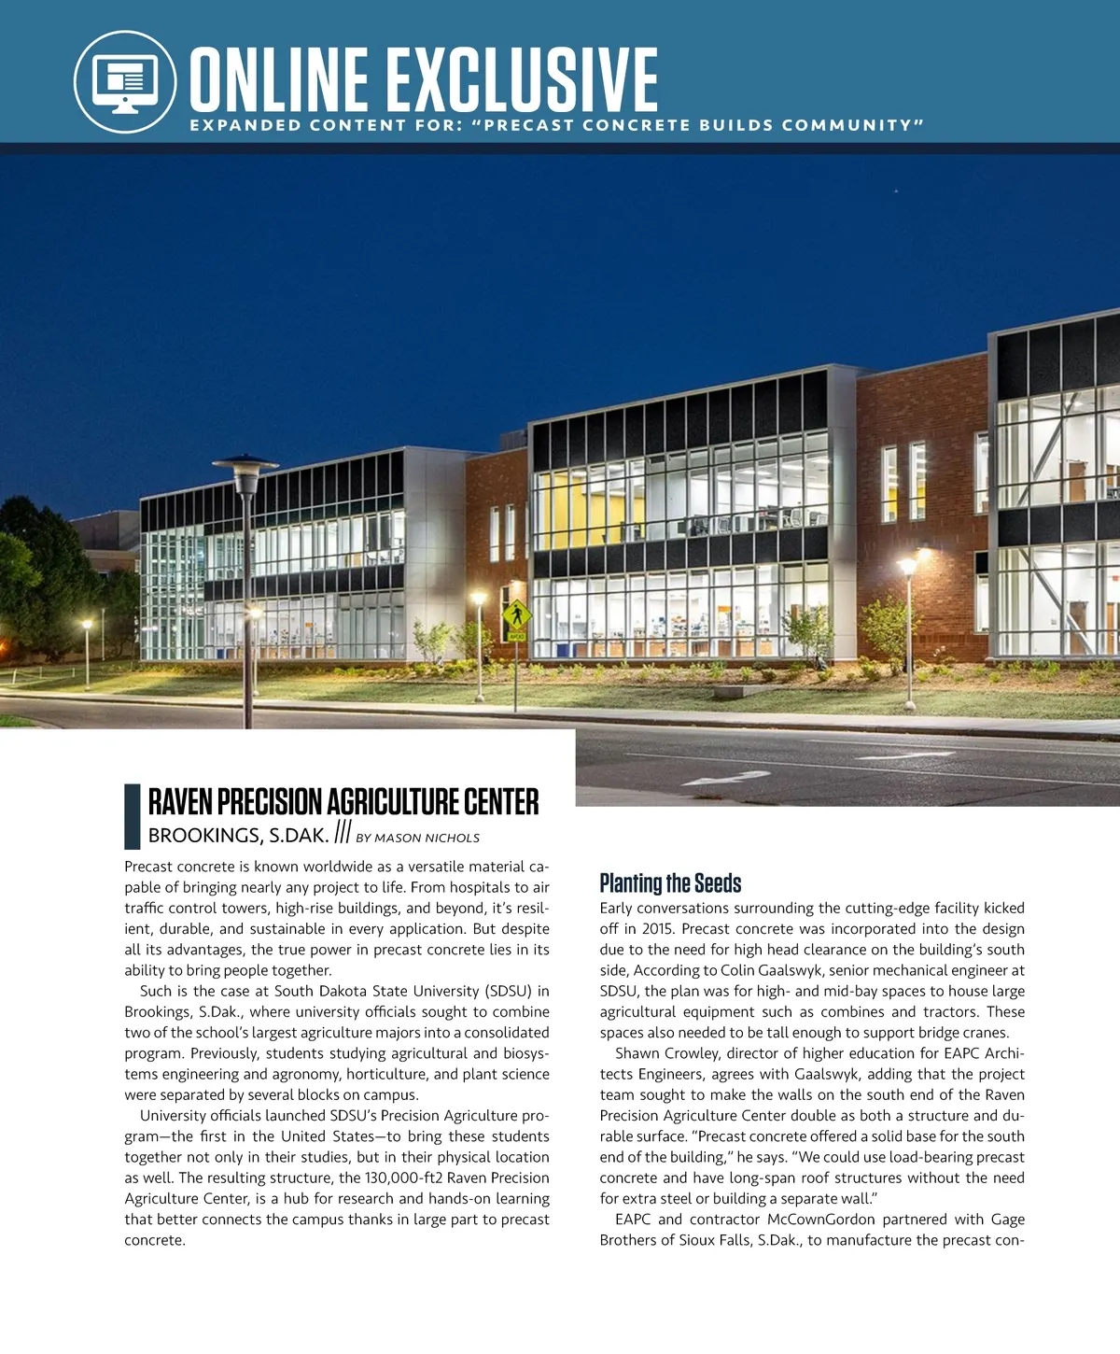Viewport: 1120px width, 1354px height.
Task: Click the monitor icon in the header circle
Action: (x=125, y=81)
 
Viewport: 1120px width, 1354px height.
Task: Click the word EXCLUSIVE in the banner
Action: (x=522, y=81)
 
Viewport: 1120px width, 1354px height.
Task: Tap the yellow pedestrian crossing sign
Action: (x=515, y=615)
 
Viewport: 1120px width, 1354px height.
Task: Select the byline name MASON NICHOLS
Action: (x=427, y=839)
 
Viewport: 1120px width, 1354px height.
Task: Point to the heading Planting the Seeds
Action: (x=670, y=883)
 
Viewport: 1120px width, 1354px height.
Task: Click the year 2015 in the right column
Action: (x=658, y=929)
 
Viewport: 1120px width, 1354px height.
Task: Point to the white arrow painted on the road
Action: (x=726, y=778)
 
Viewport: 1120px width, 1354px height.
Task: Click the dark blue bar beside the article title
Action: (x=132, y=815)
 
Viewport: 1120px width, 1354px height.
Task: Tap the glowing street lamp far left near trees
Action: (x=87, y=624)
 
